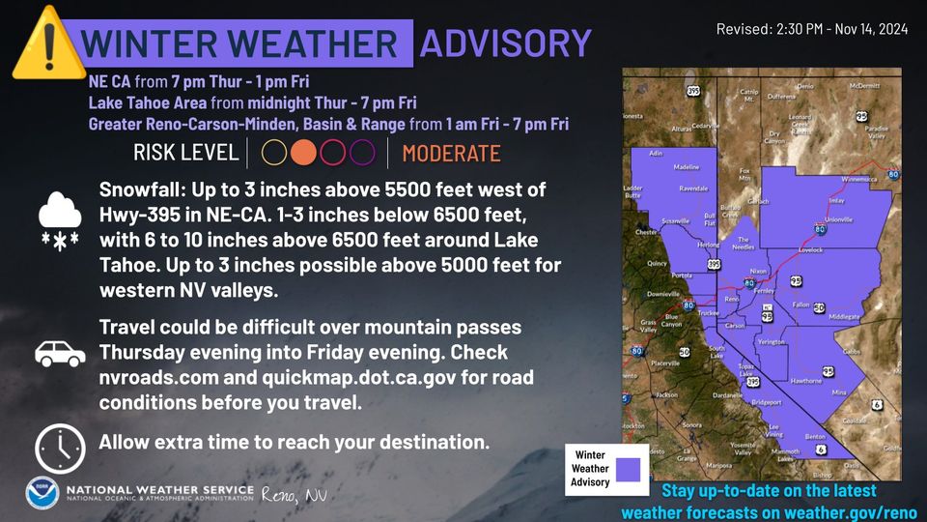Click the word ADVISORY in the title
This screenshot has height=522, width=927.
pyautogui.click(x=505, y=43)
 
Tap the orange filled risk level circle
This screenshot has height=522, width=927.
pyautogui.click(x=304, y=153)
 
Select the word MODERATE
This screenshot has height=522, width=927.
pyautogui.click(x=451, y=154)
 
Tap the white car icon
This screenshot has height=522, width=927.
pyautogui.click(x=60, y=353)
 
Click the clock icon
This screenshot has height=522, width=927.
pyautogui.click(x=60, y=448)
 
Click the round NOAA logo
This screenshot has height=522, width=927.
pyautogui.click(x=42, y=493)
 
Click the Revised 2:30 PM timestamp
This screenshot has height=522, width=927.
pyautogui.click(x=811, y=30)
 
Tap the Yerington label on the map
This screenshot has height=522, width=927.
pyautogui.click(x=772, y=342)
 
